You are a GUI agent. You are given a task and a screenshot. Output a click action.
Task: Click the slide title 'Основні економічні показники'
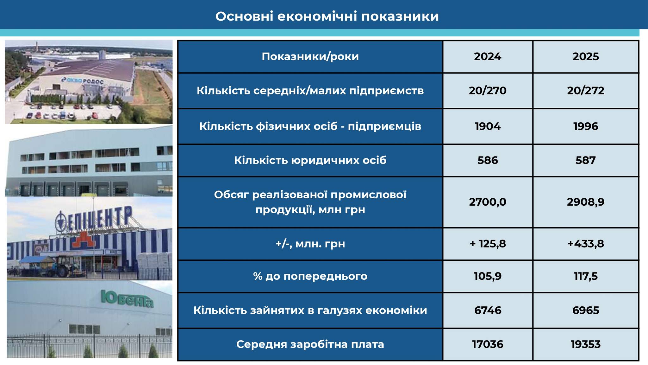click(327, 16)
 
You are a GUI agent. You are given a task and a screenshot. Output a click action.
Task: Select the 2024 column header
click(488, 56)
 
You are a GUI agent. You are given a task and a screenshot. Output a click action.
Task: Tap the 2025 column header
click(586, 56)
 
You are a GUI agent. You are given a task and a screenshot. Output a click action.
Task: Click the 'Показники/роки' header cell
click(310, 56)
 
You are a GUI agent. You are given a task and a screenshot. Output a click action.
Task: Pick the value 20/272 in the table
click(586, 91)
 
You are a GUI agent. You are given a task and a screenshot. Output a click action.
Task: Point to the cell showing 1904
click(488, 126)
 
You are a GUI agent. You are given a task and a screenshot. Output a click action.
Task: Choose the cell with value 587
click(586, 160)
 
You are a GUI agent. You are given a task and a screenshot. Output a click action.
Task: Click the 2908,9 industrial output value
click(586, 202)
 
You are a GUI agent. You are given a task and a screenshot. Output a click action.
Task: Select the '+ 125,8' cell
click(488, 244)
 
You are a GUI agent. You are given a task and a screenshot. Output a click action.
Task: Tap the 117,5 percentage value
click(586, 276)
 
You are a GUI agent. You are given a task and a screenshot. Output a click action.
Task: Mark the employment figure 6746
click(488, 310)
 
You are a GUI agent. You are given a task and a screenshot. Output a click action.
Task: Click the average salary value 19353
click(586, 344)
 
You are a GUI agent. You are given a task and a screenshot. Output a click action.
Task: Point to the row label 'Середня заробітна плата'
click(310, 344)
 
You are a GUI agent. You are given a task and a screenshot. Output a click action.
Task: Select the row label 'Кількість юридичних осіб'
click(310, 160)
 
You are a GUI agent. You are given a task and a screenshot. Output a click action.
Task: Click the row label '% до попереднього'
click(310, 276)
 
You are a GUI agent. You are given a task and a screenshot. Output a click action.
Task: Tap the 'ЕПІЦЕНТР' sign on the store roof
click(94, 219)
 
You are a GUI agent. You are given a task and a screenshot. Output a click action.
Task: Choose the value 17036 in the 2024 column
click(488, 344)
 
